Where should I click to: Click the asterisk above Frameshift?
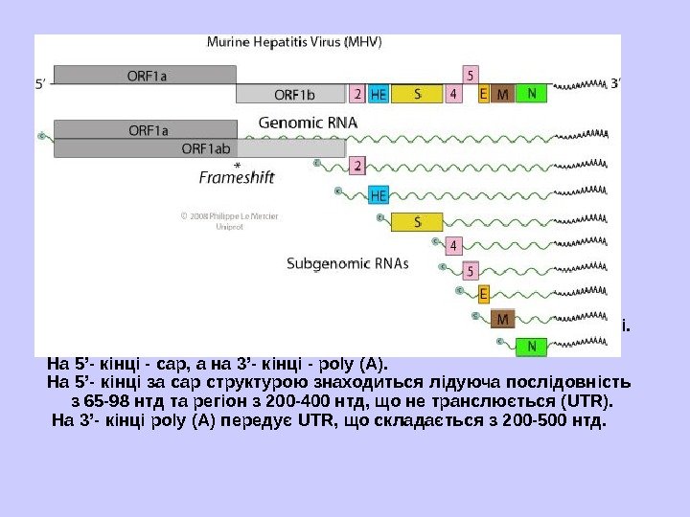[x=237, y=165]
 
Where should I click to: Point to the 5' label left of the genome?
[x=41, y=83]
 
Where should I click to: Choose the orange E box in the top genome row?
[x=483, y=94]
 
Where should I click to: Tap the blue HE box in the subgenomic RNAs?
[x=379, y=195]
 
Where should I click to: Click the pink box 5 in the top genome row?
[x=470, y=74]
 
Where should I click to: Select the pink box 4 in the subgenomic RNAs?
[x=454, y=245]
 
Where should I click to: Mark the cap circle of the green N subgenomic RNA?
[x=498, y=340]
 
